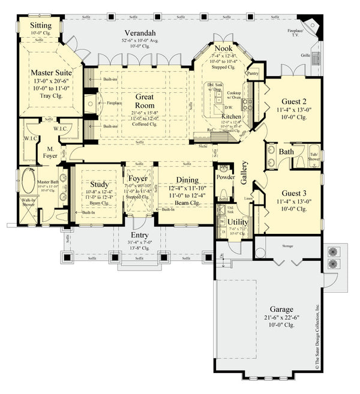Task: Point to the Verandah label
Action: [142, 32]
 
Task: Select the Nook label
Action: [224, 49]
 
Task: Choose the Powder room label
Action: [226, 178]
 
